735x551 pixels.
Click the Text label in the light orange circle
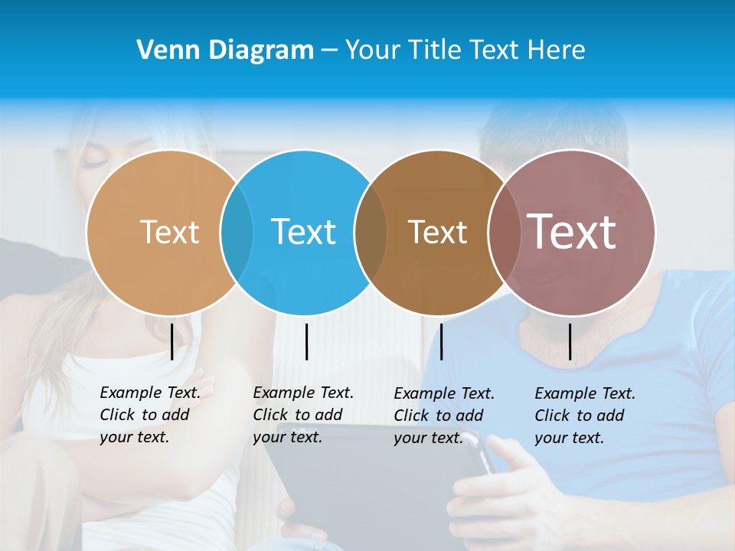pyautogui.click(x=169, y=232)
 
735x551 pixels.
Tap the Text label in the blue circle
pyautogui.click(x=303, y=232)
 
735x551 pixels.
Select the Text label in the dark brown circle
pyautogui.click(x=437, y=232)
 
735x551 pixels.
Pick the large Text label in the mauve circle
pyautogui.click(x=571, y=232)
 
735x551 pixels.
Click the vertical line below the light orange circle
pyautogui.click(x=171, y=341)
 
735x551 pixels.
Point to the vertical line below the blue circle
pyautogui.click(x=306, y=341)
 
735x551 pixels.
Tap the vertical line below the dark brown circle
pyautogui.click(x=441, y=341)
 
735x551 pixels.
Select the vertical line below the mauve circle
pyautogui.click(x=570, y=341)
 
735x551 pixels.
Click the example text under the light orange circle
pyautogui.click(x=149, y=415)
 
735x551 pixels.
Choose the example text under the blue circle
pyautogui.click(x=302, y=415)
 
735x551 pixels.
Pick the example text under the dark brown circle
pyautogui.click(x=443, y=416)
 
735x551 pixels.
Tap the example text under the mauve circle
pyautogui.click(x=584, y=416)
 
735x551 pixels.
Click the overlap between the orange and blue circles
pyautogui.click(x=237, y=232)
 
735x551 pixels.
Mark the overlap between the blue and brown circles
pyautogui.click(x=371, y=232)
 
